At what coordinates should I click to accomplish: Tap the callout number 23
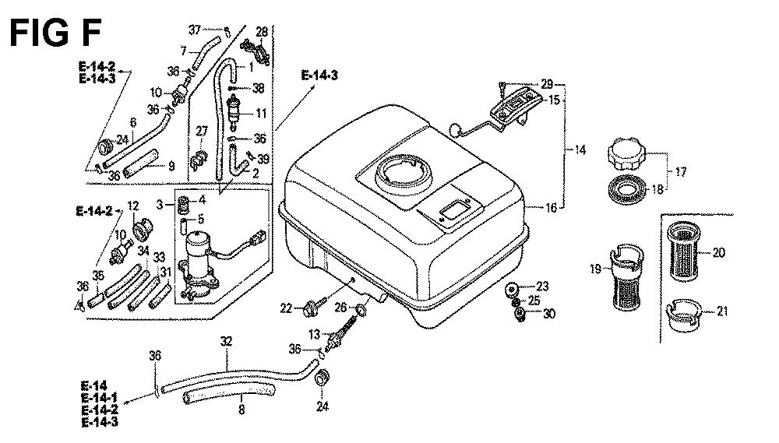click(543, 287)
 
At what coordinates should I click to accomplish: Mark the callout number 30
click(550, 315)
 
